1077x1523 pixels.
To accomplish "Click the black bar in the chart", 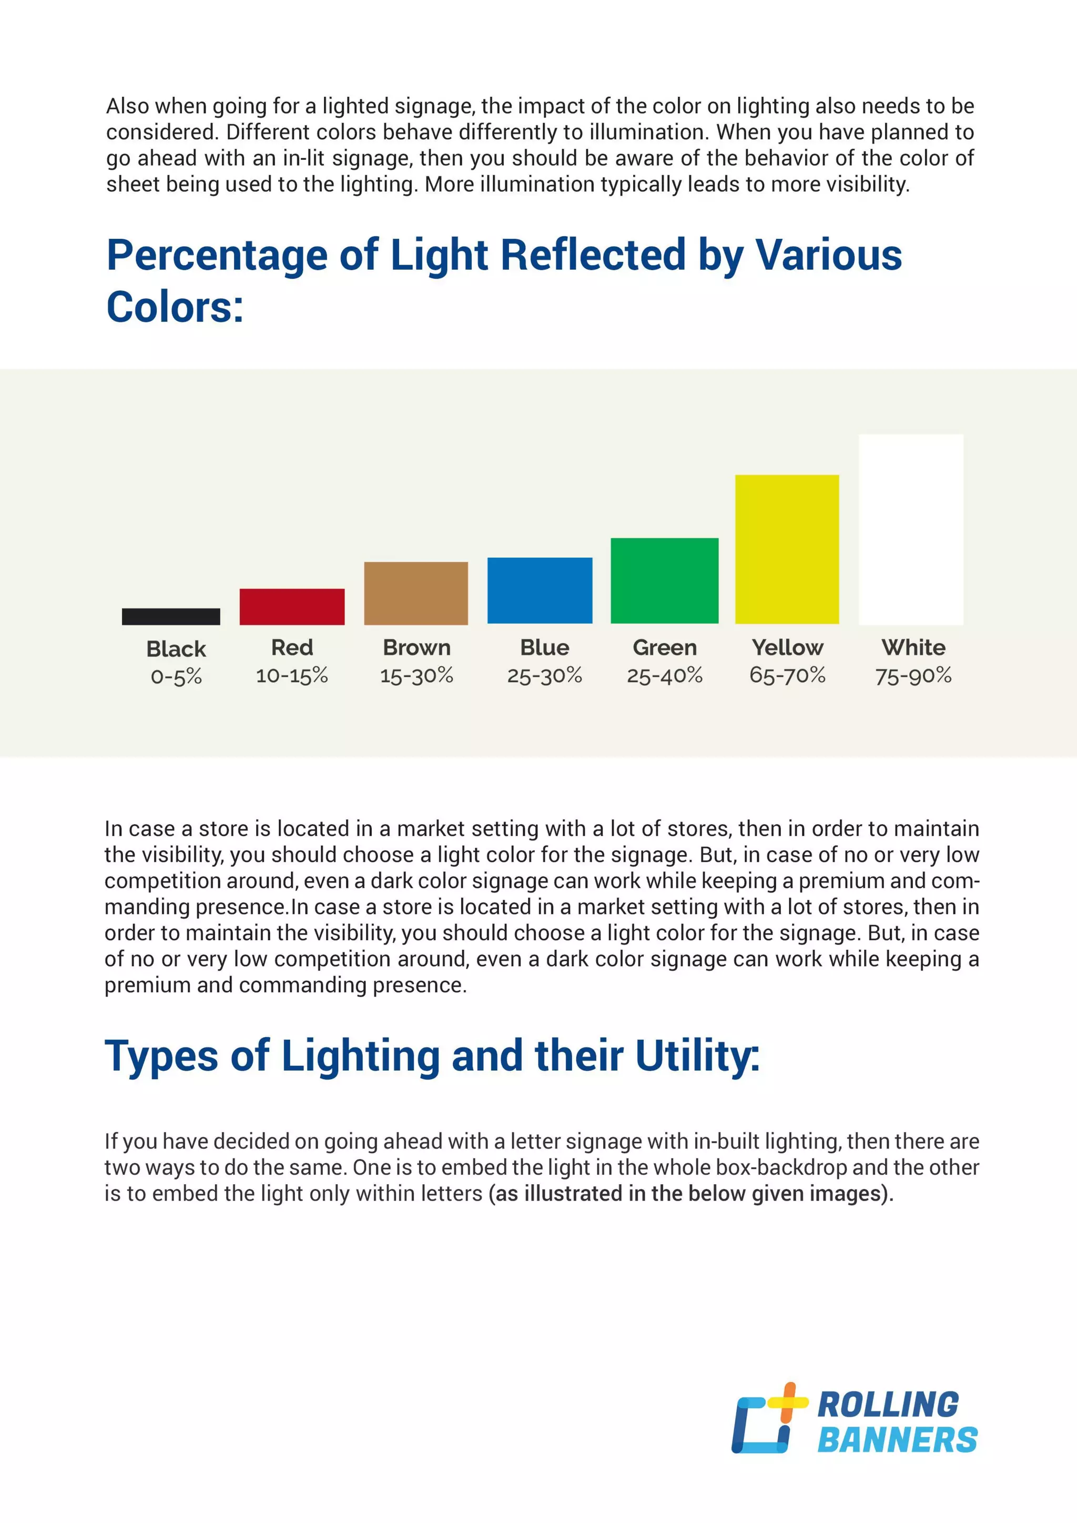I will click(x=171, y=616).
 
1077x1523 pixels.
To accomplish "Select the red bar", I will click(x=292, y=606).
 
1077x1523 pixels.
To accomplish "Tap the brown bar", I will click(x=416, y=593).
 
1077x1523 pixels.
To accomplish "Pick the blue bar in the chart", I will click(x=540, y=591).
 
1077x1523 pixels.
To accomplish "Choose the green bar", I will click(x=665, y=581).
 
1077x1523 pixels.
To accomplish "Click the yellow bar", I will click(x=787, y=549).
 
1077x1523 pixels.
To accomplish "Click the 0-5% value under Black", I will click(x=176, y=677).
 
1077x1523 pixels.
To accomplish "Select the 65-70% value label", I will click(x=787, y=675).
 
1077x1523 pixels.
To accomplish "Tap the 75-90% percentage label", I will click(x=913, y=676).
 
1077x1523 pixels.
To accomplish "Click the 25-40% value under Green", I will click(x=665, y=676).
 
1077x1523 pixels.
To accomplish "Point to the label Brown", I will click(x=416, y=647).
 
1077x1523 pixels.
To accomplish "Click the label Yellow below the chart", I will click(x=787, y=647).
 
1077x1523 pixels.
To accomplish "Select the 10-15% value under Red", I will click(x=292, y=676).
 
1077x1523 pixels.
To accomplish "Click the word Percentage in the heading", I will click(x=217, y=256).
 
